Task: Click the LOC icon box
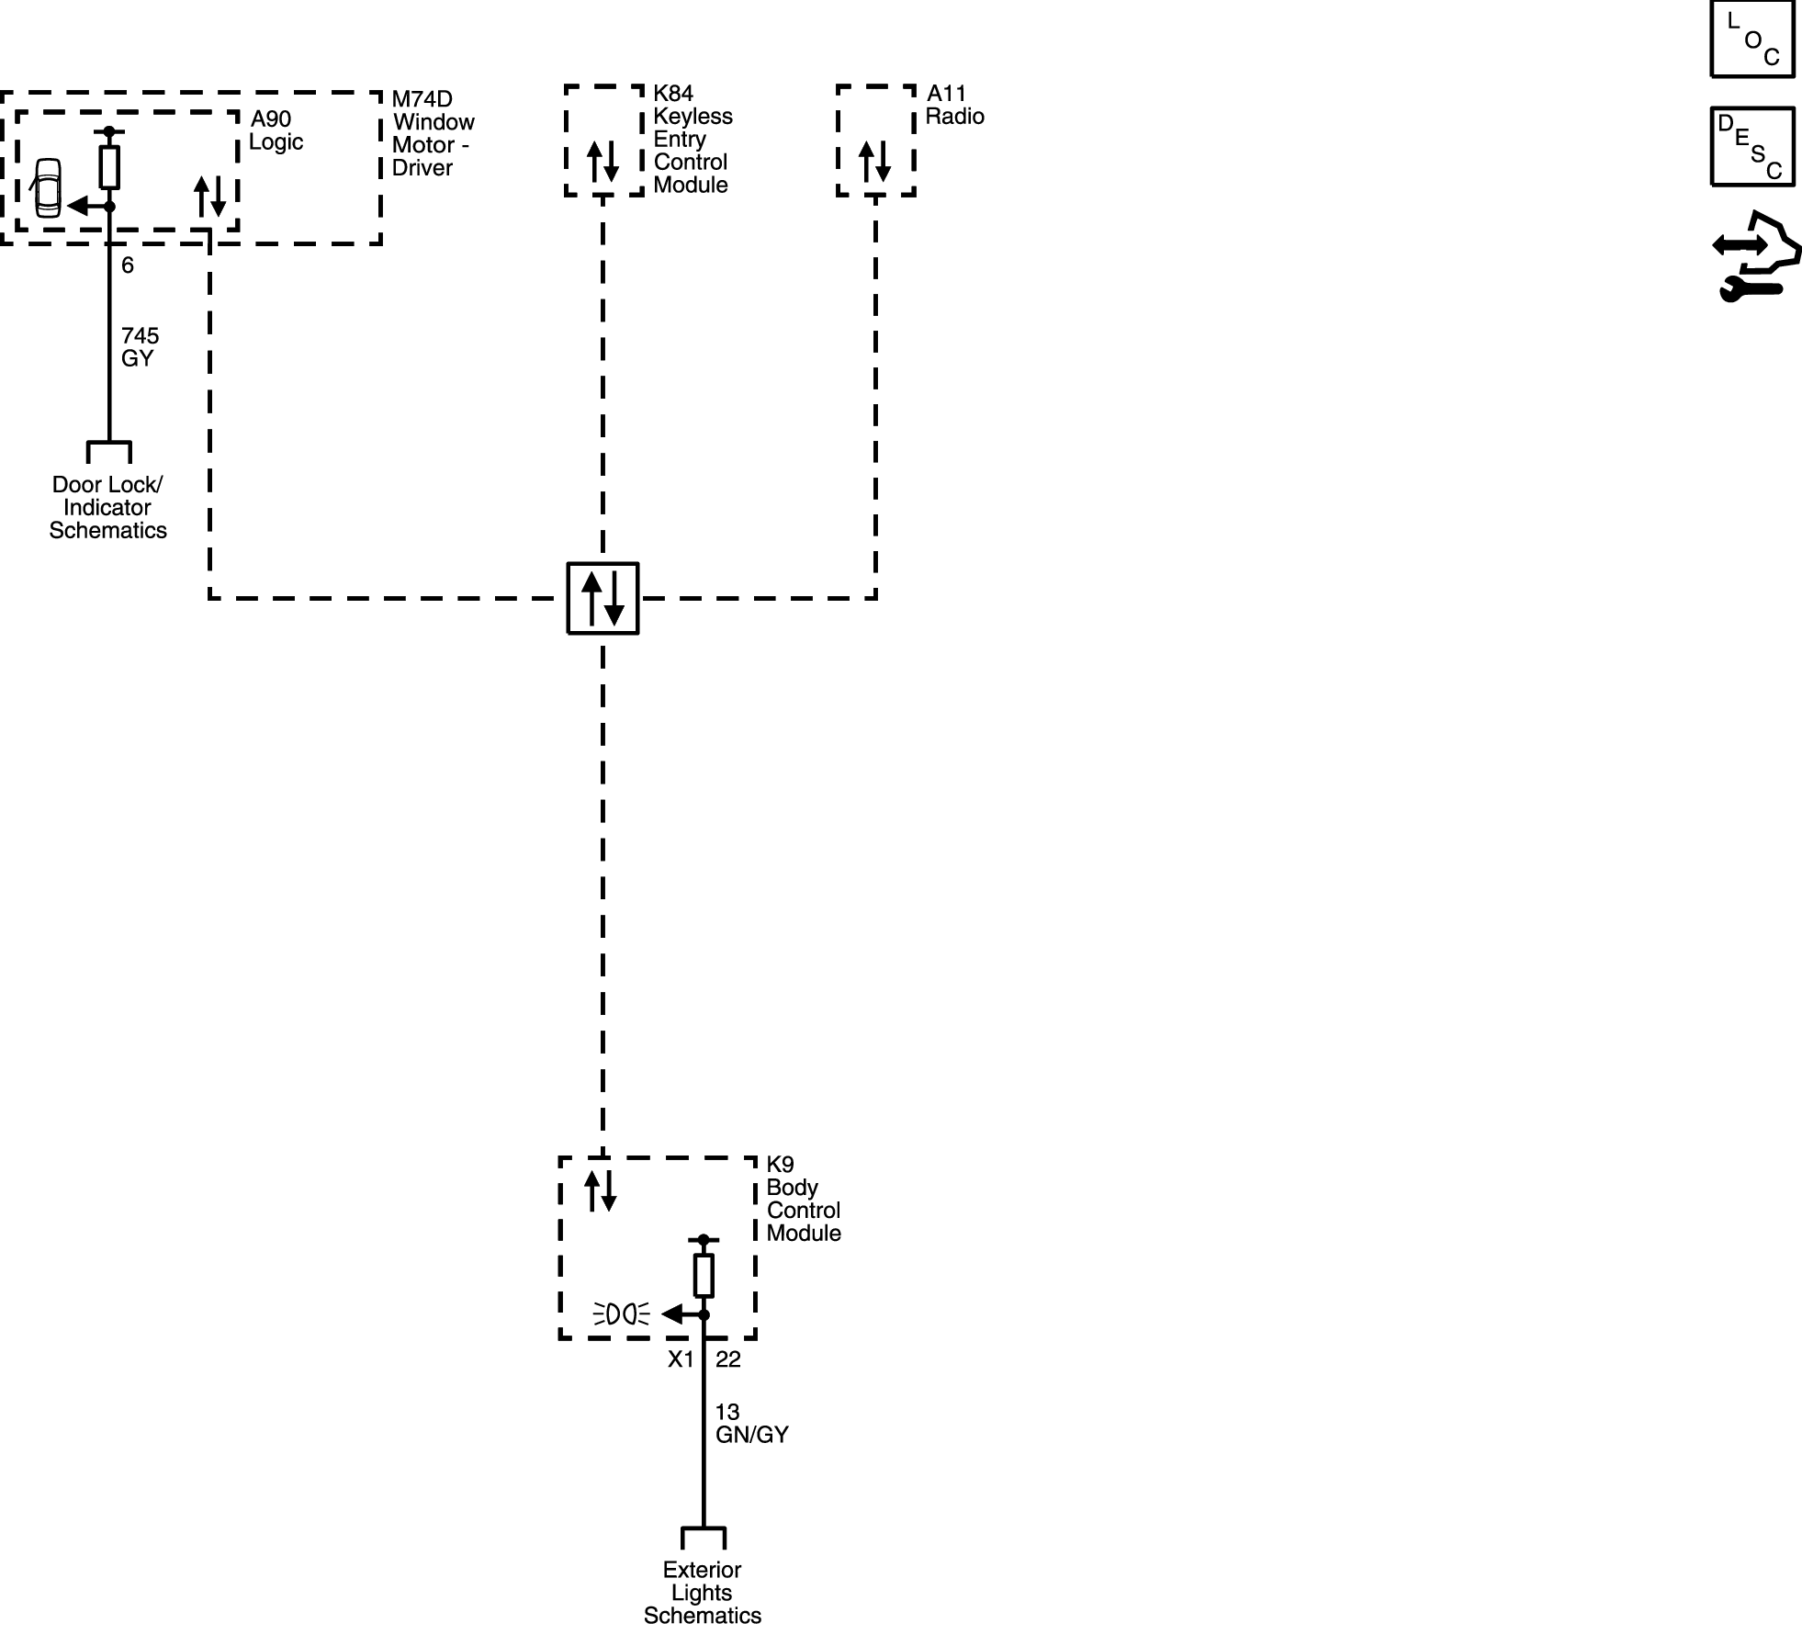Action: pos(1751,39)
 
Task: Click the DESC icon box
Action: pos(1751,147)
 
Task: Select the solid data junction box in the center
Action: pos(603,598)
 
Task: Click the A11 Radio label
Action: pos(954,105)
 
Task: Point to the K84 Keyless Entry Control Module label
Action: pos(693,139)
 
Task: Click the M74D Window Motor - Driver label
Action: pos(433,133)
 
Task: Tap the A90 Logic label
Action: pos(276,130)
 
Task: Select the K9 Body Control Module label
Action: pos(803,1199)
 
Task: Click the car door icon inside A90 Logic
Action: pos(46,188)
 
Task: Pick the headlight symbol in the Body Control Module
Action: pos(622,1314)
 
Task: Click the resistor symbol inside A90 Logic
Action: pos(109,167)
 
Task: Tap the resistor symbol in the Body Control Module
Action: pos(704,1275)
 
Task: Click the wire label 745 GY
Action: pos(140,347)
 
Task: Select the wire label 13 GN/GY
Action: pos(751,1424)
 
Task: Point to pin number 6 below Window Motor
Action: pos(128,265)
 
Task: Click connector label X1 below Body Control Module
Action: pos(681,1359)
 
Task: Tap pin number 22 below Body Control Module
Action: pos(727,1359)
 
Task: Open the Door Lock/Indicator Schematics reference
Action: pos(107,507)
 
